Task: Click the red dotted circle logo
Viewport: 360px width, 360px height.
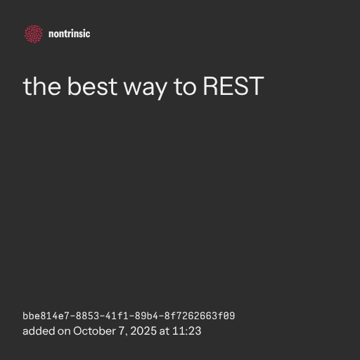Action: tap(34, 34)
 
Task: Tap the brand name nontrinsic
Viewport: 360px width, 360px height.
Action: tap(69, 34)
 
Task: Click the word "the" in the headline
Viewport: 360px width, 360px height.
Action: tap(42, 86)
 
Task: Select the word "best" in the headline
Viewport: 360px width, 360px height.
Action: tap(92, 86)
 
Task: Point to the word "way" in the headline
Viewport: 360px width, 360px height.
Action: tap(146, 89)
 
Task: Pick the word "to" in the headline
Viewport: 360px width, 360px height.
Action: tap(185, 87)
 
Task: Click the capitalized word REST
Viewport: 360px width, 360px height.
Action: tap(233, 86)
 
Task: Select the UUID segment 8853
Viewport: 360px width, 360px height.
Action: tap(87, 316)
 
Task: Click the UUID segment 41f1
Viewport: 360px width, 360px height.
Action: tap(117, 316)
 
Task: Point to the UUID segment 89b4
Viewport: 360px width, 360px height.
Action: tap(146, 316)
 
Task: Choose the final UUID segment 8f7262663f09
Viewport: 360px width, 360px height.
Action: tap(200, 316)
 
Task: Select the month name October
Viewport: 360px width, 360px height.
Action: tap(94, 331)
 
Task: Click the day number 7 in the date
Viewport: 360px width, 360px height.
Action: tap(122, 331)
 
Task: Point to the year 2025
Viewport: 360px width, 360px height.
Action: tap(143, 331)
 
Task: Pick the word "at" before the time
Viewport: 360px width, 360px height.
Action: tap(165, 331)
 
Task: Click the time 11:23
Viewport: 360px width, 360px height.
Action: tap(187, 331)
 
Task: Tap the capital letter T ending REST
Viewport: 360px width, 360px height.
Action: tap(257, 86)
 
